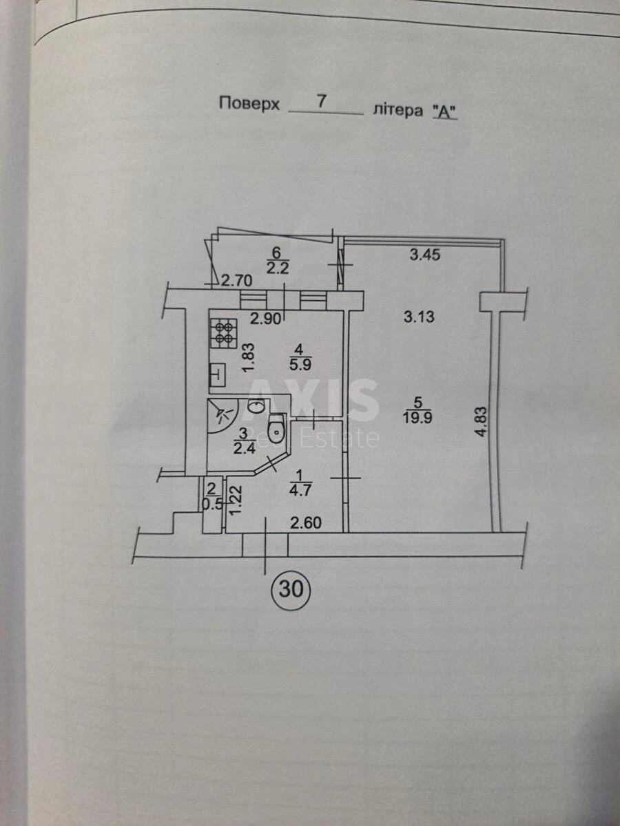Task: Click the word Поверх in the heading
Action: tap(249, 103)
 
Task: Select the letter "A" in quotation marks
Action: tap(444, 112)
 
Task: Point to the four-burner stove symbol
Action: tap(224, 333)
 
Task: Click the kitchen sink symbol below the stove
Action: tap(216, 374)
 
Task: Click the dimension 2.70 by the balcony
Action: tap(237, 279)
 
